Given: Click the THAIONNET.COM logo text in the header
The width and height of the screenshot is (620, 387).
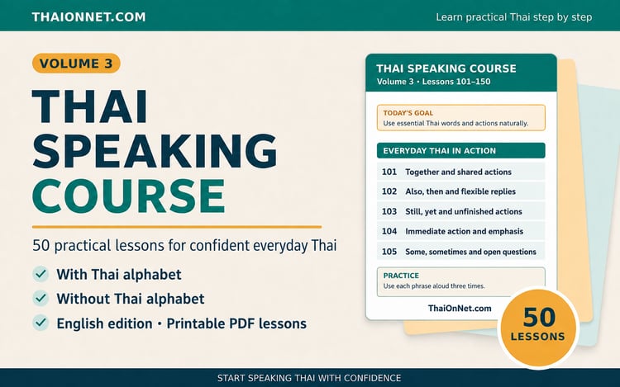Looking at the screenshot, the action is coord(88,17).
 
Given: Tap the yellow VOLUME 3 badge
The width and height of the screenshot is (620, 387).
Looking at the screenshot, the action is coord(76,64).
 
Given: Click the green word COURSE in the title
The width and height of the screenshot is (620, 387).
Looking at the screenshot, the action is coord(129,196).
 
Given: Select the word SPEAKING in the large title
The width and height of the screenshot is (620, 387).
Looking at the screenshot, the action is coord(155,151).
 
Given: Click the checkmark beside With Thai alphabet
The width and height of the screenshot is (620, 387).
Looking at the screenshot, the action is coord(41,274).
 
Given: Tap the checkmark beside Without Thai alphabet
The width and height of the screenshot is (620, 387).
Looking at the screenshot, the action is coord(41,298).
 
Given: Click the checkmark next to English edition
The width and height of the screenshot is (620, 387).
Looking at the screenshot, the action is coord(41,323).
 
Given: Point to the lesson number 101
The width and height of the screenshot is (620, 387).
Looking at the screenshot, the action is coord(389,172).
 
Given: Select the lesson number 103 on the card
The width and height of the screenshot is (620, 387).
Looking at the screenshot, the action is coord(389,211).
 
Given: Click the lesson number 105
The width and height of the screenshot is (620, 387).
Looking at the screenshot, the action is coord(389,252).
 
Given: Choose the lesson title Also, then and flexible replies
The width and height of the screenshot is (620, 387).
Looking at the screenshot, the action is coord(460,191).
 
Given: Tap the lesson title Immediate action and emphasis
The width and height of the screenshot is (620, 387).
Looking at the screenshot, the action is coord(465,232).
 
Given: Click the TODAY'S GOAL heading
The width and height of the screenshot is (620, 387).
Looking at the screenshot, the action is coord(408,113).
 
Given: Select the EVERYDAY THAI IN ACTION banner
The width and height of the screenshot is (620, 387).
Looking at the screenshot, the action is coord(461,151).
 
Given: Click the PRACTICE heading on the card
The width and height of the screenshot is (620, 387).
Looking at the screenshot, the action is coord(401,276).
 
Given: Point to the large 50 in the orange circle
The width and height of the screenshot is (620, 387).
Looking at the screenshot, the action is coord(539,317).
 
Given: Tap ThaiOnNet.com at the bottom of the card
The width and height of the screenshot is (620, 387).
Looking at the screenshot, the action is coord(460,308).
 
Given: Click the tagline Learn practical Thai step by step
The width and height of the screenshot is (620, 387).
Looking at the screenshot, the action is coord(514,17).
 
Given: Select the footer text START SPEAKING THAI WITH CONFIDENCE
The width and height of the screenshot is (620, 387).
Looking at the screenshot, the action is coord(309,378).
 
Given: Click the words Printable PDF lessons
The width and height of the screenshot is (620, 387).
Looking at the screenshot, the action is coord(236,323).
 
